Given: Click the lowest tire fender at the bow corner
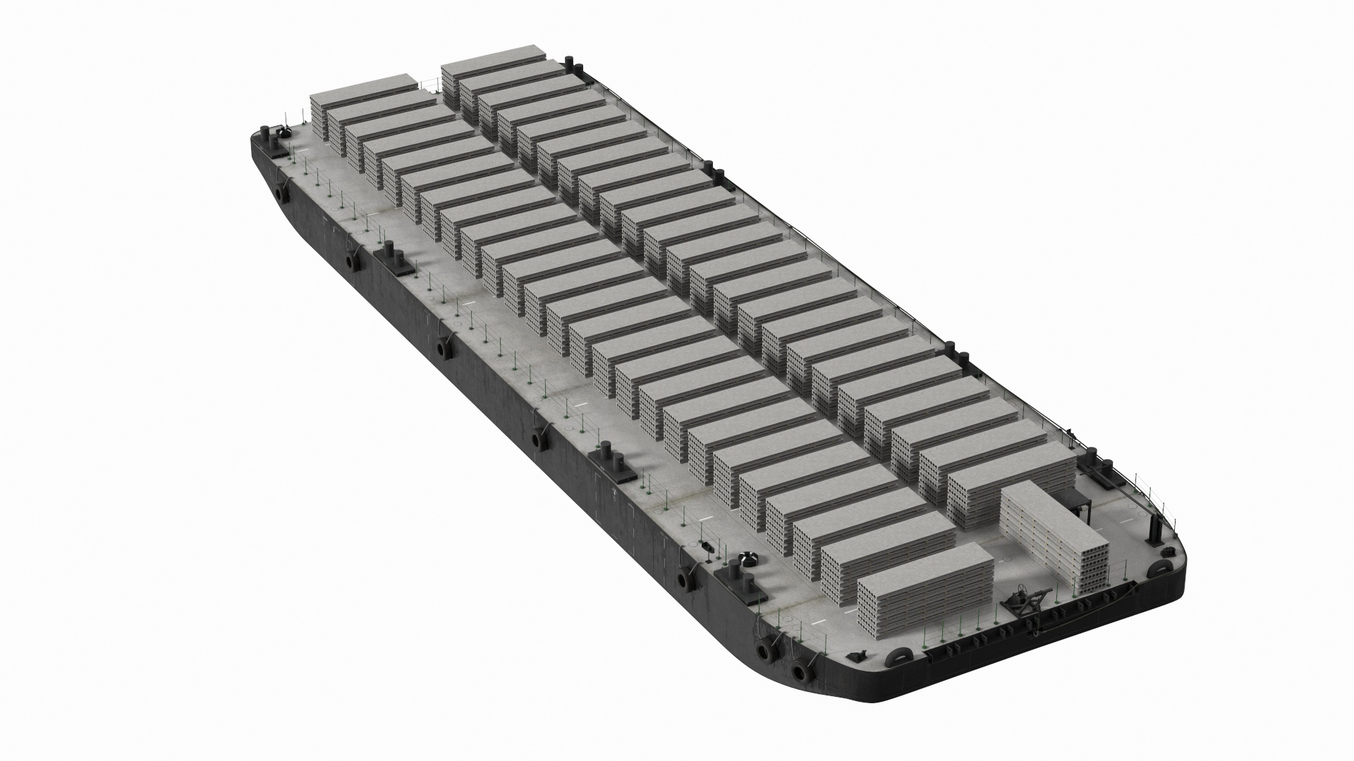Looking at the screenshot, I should click(800, 670).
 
